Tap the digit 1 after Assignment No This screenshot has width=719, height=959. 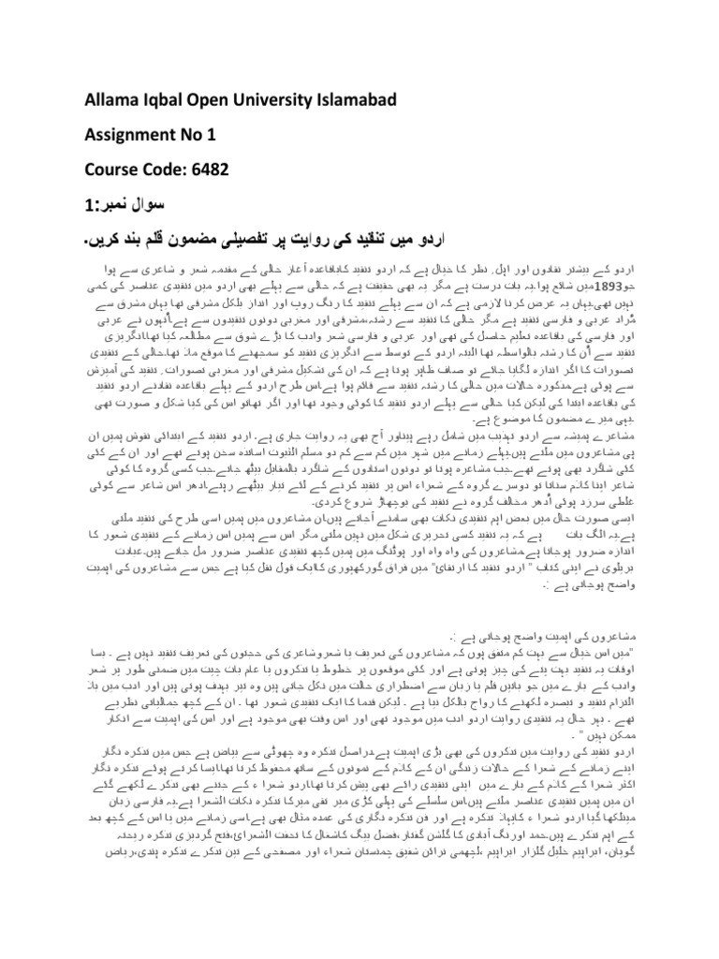(212, 133)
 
